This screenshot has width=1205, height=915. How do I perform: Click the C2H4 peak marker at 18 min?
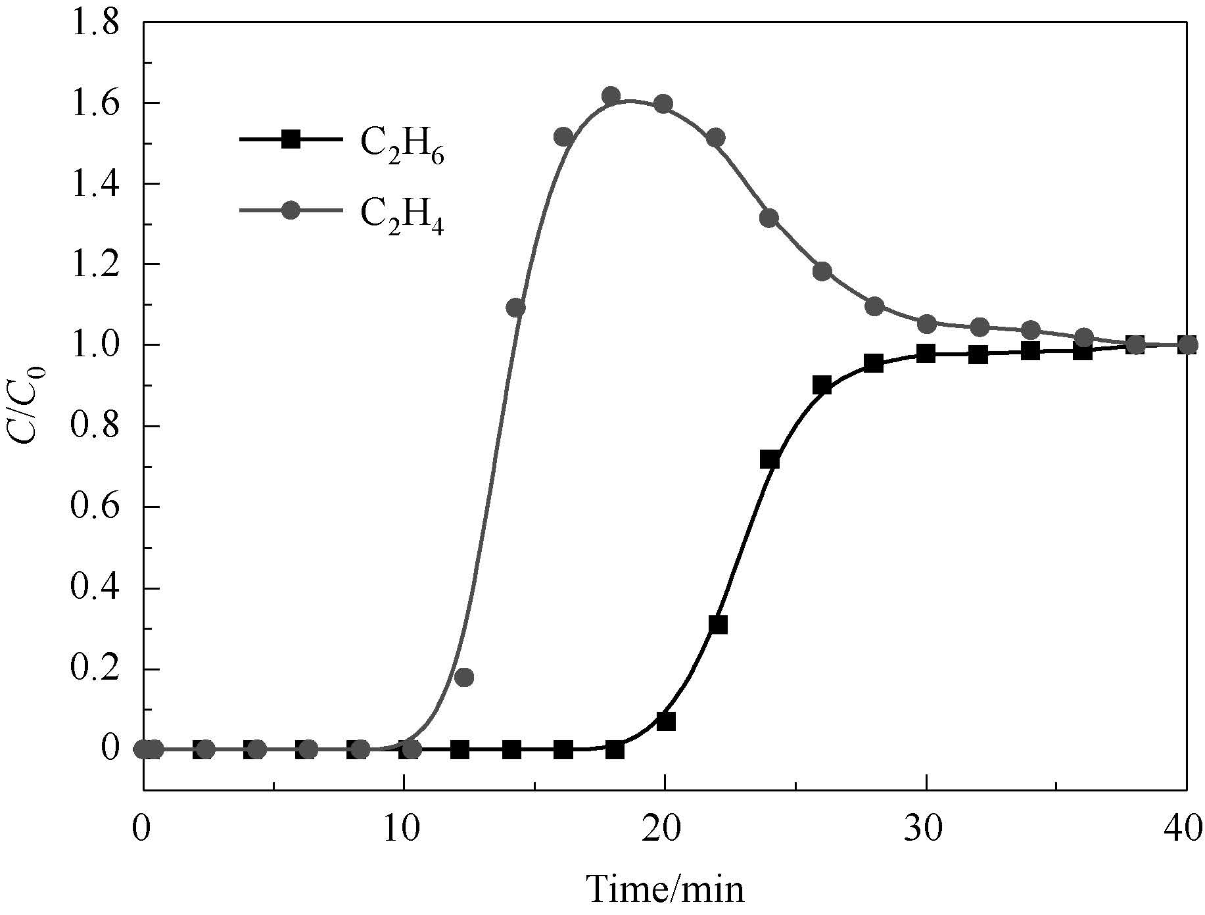coord(611,96)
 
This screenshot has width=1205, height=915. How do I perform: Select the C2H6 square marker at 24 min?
coord(769,459)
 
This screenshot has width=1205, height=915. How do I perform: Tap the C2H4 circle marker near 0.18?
coord(464,677)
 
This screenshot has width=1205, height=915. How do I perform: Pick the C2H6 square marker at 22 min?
coord(718,624)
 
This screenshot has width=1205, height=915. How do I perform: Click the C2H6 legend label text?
coord(402,145)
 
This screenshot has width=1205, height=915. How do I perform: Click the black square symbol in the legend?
coord(291,139)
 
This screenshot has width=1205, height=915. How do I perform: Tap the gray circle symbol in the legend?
coord(291,210)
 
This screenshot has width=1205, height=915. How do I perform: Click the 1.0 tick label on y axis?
coord(95,345)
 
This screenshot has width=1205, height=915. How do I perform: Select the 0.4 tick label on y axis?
coord(95,588)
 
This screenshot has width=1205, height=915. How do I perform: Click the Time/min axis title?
coord(665,889)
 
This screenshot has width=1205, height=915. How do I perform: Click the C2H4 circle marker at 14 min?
coord(516,308)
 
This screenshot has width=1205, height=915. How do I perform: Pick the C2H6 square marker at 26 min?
coord(822,385)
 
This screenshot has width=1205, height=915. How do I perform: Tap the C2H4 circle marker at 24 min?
coord(769,218)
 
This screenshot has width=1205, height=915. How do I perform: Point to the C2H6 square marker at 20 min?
coord(666,721)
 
